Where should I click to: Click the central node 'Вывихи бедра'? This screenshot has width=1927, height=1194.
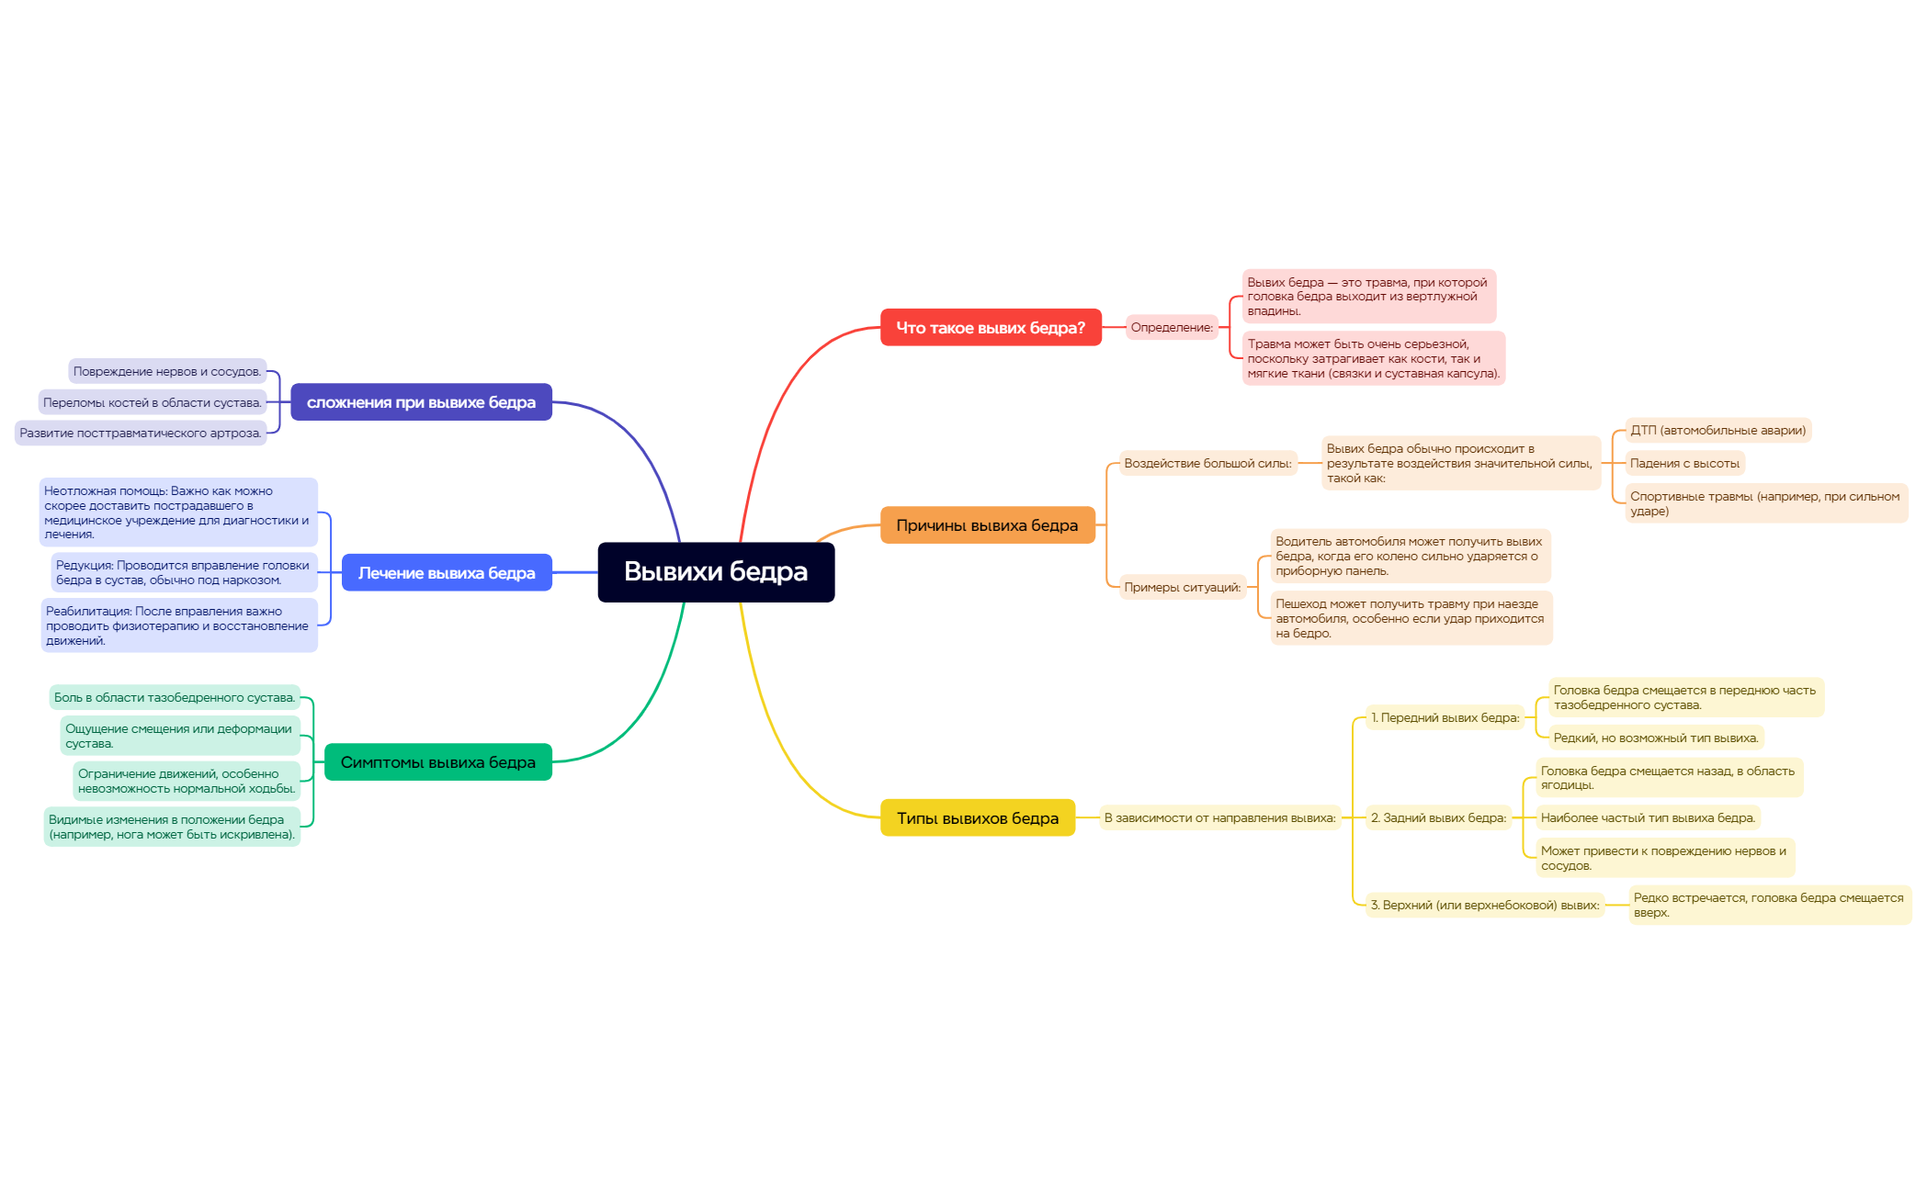716,572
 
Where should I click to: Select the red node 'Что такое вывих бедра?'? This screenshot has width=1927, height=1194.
991,328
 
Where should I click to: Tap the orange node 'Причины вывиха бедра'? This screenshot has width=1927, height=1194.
988,525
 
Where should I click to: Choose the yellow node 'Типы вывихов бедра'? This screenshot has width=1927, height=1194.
978,817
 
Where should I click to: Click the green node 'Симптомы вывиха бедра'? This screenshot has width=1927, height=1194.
438,762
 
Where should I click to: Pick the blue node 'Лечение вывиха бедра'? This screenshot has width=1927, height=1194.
447,573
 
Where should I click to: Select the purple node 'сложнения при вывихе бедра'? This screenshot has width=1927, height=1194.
421,402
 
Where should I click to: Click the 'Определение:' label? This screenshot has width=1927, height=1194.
1172,328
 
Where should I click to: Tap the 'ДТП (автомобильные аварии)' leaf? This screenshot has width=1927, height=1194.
1718,431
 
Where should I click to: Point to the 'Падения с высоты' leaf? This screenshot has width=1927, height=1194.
1684,464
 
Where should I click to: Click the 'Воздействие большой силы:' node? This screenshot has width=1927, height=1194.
1207,464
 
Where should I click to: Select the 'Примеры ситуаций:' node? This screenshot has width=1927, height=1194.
1183,588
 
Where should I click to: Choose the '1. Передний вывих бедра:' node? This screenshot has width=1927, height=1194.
1445,718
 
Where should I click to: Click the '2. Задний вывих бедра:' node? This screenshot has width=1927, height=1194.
1439,818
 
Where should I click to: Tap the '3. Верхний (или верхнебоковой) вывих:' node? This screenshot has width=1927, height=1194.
1485,906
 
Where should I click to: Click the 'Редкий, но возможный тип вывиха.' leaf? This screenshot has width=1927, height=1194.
1656,738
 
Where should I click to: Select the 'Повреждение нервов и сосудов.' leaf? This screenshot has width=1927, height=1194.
167,372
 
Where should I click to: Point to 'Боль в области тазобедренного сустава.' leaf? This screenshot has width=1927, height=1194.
175,698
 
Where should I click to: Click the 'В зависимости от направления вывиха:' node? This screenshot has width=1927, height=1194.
1220,818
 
